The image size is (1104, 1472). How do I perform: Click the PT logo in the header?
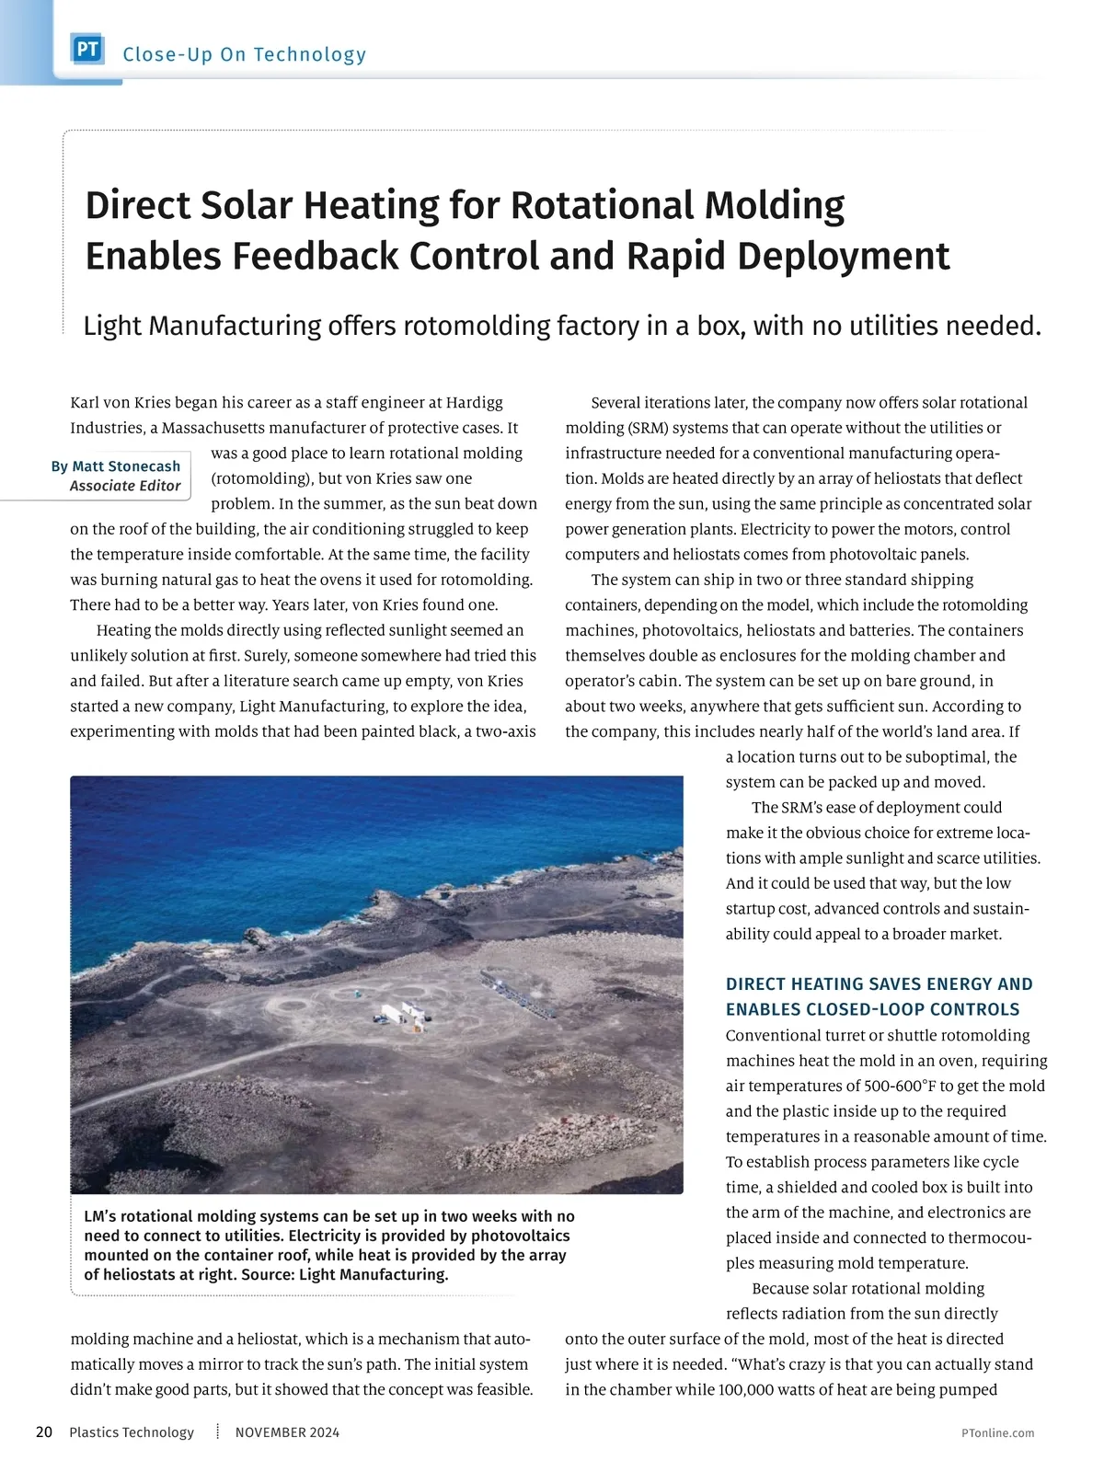click(x=87, y=50)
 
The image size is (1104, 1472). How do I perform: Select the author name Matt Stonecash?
click(x=126, y=466)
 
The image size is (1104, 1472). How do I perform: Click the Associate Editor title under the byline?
click(x=125, y=486)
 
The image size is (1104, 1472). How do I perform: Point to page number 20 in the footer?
click(x=44, y=1432)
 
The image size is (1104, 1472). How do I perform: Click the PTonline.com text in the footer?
click(x=997, y=1433)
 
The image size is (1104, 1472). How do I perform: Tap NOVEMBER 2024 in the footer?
click(x=287, y=1432)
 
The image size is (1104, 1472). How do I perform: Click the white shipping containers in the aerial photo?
click(x=403, y=1012)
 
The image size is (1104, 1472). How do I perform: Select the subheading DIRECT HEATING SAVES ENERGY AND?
click(x=879, y=984)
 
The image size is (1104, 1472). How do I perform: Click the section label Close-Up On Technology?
click(x=244, y=54)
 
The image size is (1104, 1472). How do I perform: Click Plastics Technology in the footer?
click(x=132, y=1432)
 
